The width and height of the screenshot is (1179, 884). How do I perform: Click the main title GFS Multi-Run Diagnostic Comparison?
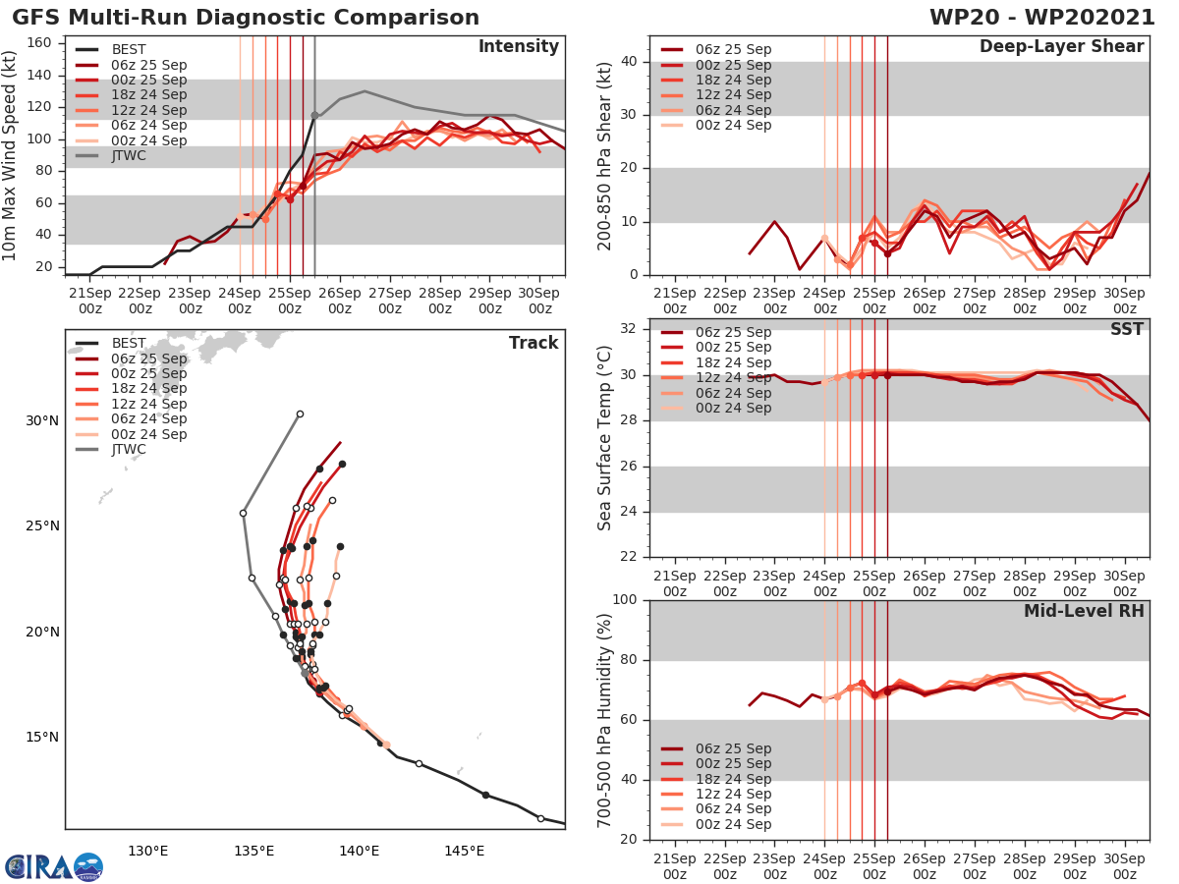246,18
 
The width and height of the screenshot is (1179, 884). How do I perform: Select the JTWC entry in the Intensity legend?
129,155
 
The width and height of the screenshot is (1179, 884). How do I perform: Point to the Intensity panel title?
518,47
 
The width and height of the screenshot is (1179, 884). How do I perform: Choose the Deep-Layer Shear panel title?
1061,47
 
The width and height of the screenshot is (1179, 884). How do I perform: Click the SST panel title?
1126,329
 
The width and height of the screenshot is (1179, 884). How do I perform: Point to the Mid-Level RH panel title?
1084,611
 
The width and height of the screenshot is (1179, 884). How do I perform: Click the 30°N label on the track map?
42,420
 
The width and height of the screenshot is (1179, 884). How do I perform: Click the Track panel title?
533,343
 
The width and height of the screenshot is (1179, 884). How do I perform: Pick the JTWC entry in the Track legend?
129,450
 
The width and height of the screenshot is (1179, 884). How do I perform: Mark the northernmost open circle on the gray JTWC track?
300,414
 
